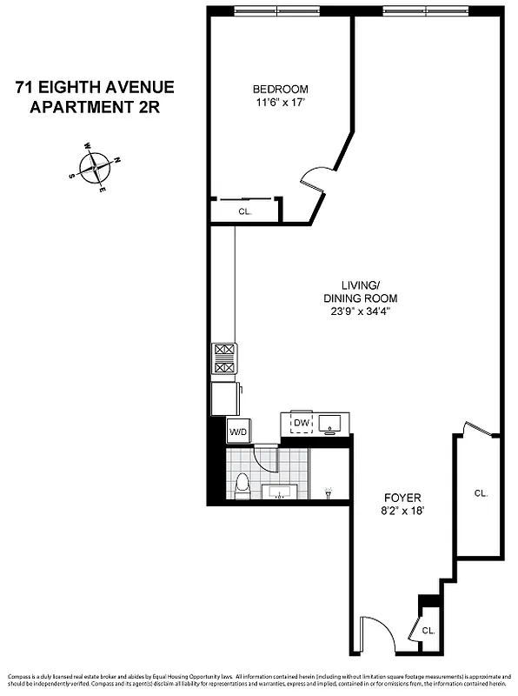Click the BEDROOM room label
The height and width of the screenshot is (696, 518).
(280, 90)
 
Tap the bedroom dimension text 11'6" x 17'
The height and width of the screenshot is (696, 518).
(280, 103)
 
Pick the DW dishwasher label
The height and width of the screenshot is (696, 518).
(301, 424)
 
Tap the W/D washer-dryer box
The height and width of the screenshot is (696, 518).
(237, 432)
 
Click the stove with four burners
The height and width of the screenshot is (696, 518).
(223, 359)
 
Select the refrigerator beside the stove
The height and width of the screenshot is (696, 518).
(225, 399)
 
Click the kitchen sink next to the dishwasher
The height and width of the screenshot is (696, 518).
(331, 425)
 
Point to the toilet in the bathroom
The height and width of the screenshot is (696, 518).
(244, 488)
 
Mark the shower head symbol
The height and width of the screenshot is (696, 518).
(329, 492)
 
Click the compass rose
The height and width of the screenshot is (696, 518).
(95, 166)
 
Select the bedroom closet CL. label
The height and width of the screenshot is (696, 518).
(245, 211)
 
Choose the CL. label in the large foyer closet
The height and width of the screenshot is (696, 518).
(481, 493)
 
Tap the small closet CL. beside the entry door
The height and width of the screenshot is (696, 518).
(428, 629)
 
